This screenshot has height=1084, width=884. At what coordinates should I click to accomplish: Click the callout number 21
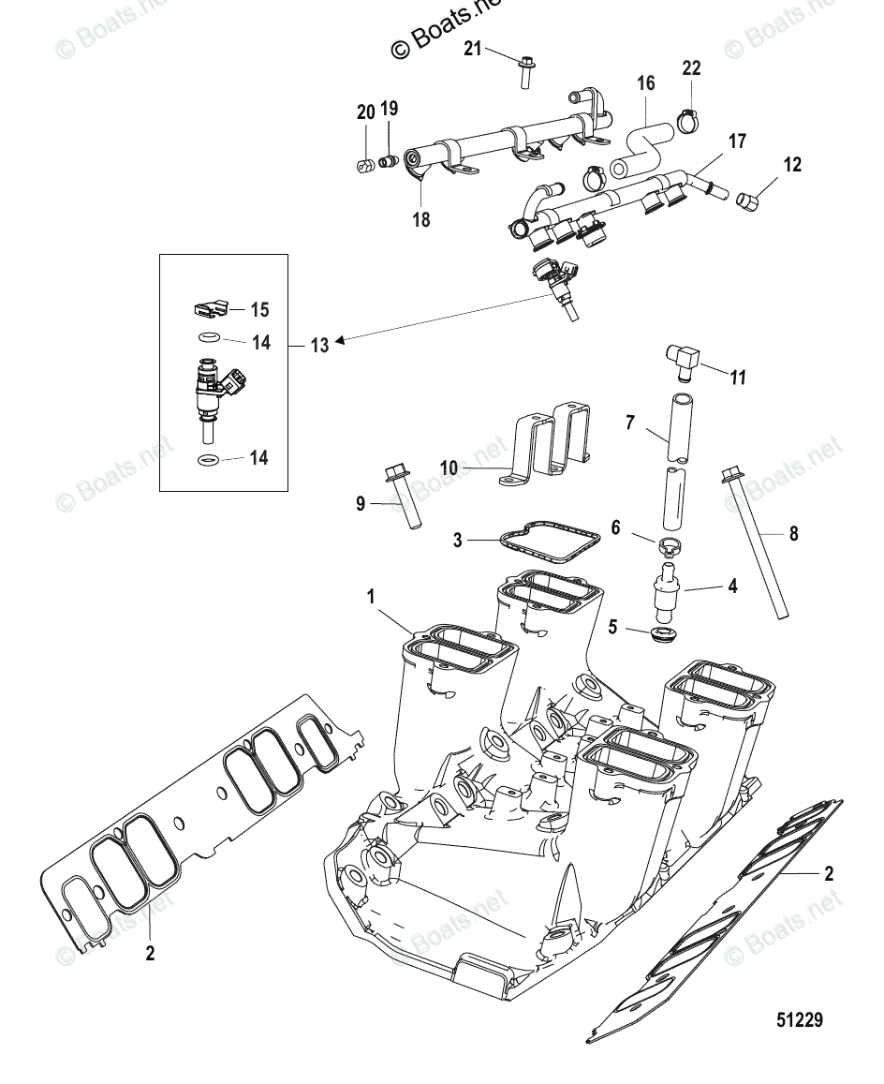[x=473, y=49]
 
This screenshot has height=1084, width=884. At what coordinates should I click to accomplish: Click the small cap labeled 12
[x=747, y=200]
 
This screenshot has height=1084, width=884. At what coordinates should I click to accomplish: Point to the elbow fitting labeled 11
[x=680, y=362]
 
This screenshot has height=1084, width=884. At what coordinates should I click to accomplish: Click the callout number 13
[x=319, y=346]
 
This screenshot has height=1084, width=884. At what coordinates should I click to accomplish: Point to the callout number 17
[x=737, y=141]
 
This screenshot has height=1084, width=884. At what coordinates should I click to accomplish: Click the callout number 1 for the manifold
[x=371, y=596]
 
